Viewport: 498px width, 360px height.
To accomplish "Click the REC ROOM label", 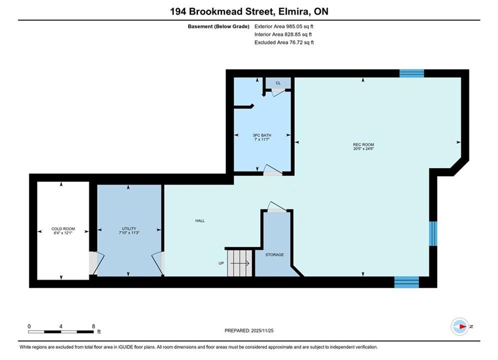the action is tap(363, 144).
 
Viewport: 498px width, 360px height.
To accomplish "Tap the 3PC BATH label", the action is tap(262, 135).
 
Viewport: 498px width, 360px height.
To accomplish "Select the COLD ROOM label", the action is tap(63, 228).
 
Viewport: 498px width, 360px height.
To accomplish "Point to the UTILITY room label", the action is tap(129, 228).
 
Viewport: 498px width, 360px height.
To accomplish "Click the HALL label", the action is tap(200, 221).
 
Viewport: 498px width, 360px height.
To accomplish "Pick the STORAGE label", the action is tap(275, 254).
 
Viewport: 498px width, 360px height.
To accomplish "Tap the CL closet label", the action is tap(278, 83).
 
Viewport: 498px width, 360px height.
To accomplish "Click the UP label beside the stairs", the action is tap(221, 263).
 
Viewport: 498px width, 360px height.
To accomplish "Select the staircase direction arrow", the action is tap(240, 263).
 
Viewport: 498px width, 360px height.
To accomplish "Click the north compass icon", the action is tap(460, 326).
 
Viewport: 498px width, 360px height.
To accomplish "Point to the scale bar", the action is tap(61, 332).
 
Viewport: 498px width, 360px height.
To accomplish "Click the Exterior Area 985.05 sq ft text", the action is tap(284, 26).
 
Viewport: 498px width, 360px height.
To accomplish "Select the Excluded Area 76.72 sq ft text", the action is tap(284, 42).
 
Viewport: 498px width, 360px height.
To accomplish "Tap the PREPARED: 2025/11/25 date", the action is tap(249, 330).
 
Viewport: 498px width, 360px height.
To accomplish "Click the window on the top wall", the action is tap(411, 73).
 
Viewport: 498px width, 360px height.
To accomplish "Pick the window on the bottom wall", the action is tap(406, 282).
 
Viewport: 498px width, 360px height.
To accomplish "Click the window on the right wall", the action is tap(433, 233).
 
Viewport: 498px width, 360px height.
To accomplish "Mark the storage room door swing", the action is tap(276, 207).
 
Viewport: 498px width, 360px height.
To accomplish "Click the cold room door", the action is tap(96, 263).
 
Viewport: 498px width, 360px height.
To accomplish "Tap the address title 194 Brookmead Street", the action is tap(221, 11).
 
